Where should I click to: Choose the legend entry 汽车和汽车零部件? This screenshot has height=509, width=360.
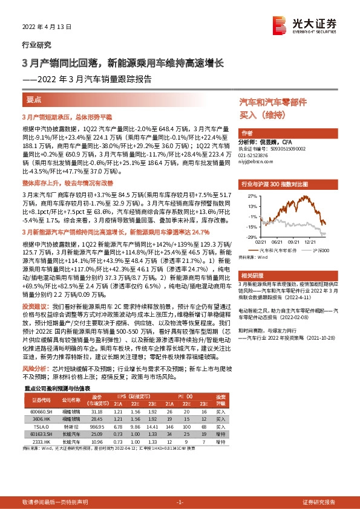coord(272,249)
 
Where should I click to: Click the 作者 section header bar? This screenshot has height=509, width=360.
coord(247,132)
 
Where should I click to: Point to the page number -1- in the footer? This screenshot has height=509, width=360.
coord(180,502)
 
